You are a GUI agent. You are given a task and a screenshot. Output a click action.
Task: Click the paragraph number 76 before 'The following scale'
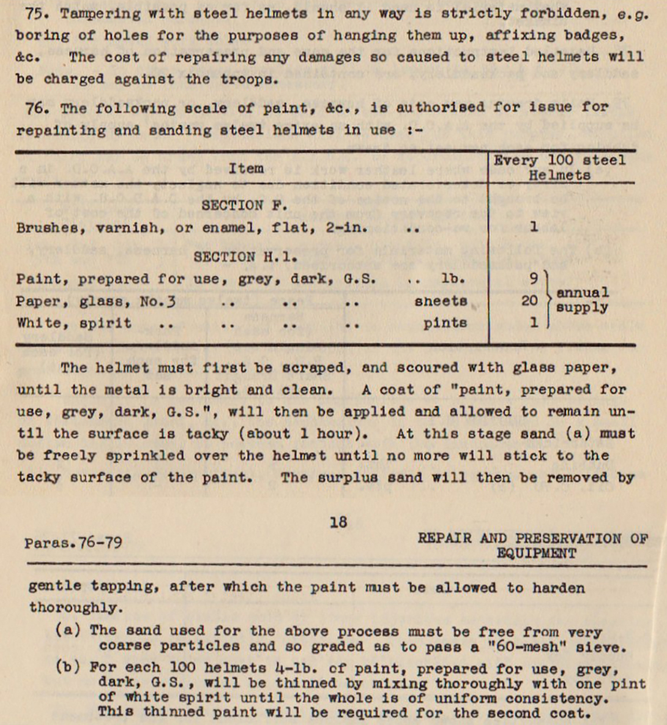pyautogui.click(x=34, y=108)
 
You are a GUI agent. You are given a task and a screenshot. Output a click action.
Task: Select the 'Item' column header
pyautogui.click(x=246, y=168)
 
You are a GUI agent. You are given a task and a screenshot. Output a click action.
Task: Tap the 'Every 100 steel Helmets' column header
pyautogui.click(x=559, y=167)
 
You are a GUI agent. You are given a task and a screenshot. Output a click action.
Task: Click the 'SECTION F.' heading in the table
pyautogui.click(x=240, y=206)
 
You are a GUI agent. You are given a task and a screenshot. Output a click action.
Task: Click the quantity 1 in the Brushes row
pyautogui.click(x=534, y=227)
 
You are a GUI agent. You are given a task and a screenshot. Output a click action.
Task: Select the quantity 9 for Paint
pyautogui.click(x=533, y=279)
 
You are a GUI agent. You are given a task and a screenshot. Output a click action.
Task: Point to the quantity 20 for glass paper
pyautogui.click(x=529, y=301)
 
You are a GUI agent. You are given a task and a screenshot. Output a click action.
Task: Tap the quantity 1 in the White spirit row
pyautogui.click(x=534, y=322)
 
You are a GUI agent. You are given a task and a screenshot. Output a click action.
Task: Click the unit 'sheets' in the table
pyautogui.click(x=441, y=301)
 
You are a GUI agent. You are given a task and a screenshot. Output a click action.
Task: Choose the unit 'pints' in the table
pyautogui.click(x=445, y=323)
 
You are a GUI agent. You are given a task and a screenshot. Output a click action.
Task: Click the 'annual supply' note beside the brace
pyautogui.click(x=582, y=300)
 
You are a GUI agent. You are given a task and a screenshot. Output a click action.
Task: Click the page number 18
pyautogui.click(x=338, y=522)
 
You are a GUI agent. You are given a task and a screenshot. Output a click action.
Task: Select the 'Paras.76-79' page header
pyautogui.click(x=73, y=543)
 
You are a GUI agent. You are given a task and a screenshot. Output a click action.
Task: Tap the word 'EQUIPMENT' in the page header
pyautogui.click(x=536, y=554)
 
